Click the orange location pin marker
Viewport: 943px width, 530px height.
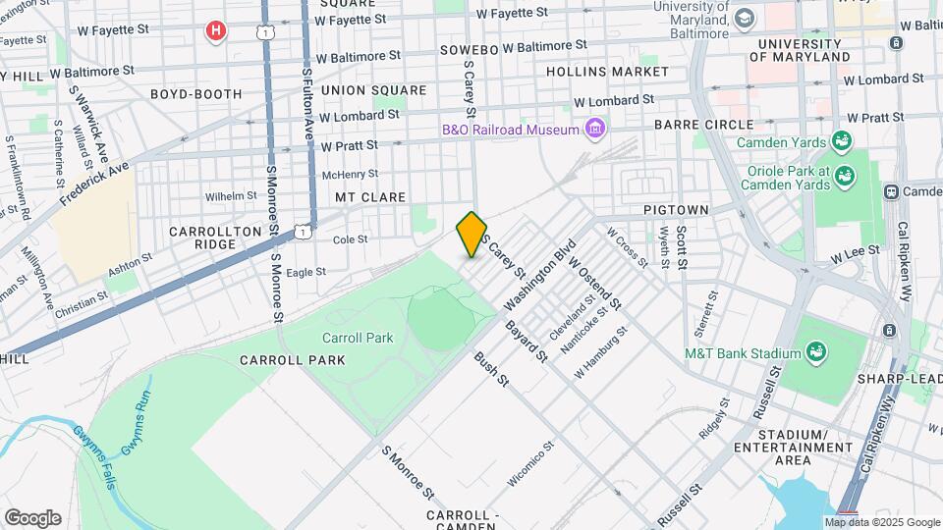[471, 235]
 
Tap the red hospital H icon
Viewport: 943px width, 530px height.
[216, 31]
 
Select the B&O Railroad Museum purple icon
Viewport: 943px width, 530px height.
[594, 129]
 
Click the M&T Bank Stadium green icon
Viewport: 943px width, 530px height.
[814, 352]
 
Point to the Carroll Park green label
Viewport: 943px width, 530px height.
[358, 338]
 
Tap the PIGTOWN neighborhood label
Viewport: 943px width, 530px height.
[676, 210]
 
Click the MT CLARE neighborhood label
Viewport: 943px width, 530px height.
[370, 197]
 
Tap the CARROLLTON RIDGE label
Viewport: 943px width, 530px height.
[215, 237]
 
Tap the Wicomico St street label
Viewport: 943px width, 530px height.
[531, 463]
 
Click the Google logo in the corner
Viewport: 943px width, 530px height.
[32, 517]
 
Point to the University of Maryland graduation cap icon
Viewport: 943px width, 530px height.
[744, 20]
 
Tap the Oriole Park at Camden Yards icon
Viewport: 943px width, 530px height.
[845, 176]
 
